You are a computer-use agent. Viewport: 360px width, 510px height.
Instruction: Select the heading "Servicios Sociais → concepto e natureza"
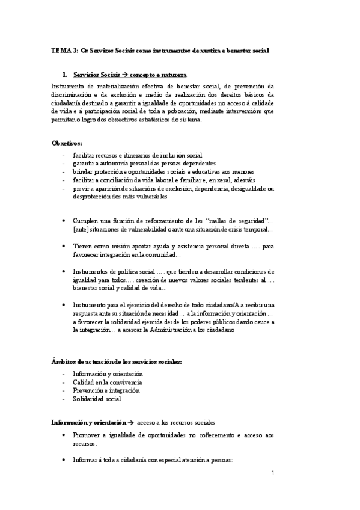129,76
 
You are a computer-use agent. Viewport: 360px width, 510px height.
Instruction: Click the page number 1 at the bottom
272,473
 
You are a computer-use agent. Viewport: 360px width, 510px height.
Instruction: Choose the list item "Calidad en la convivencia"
107,382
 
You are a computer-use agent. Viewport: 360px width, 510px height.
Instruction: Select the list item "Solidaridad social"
97,399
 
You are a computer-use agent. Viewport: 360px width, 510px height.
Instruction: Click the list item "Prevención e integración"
106,390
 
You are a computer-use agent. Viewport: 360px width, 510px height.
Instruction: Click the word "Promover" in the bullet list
87,434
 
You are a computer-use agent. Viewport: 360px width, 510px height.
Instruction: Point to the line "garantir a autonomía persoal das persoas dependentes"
144,163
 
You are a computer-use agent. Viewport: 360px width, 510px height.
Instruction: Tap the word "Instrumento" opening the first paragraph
69,85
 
